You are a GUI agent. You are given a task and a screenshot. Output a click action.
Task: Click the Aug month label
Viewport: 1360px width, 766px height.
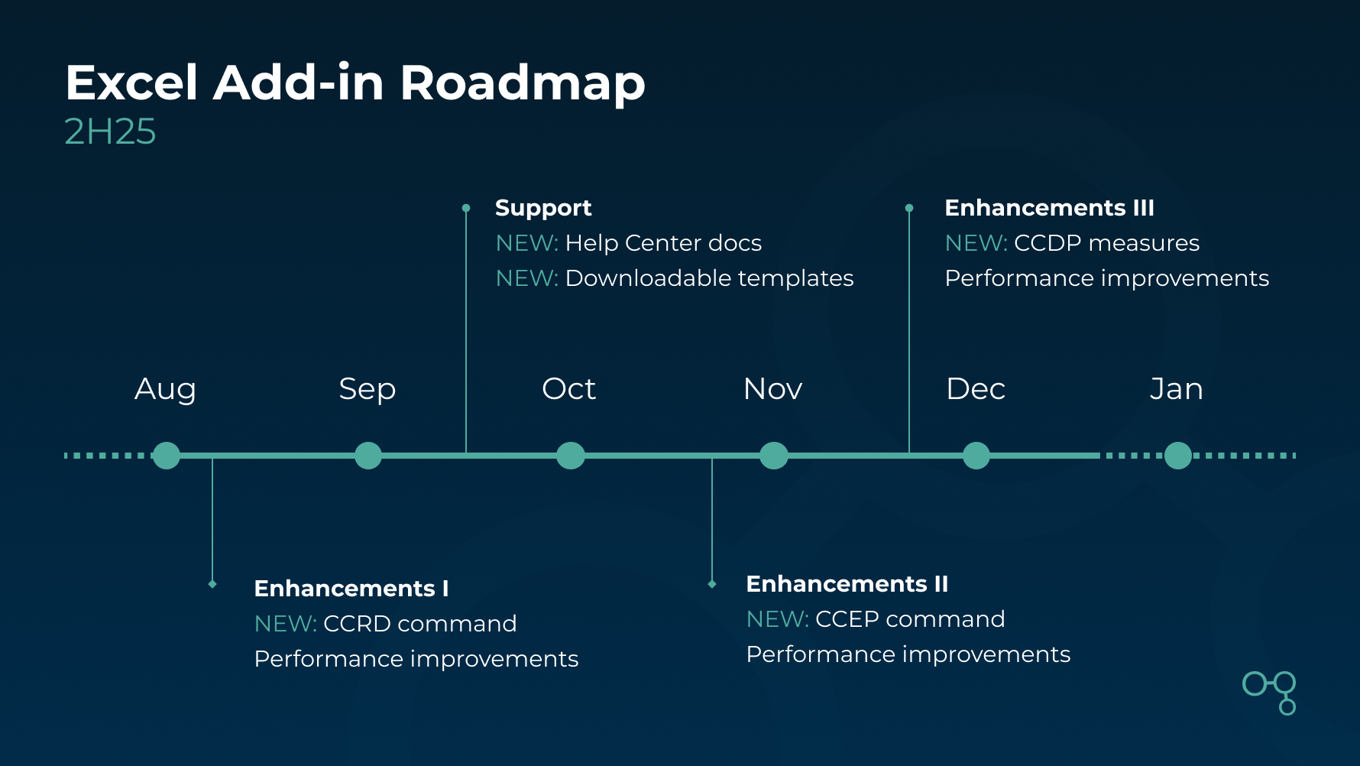[x=165, y=389]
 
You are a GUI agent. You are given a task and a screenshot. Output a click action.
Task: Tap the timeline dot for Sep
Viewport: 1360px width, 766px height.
[x=368, y=456]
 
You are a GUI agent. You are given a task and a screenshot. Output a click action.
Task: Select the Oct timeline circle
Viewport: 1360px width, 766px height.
[x=570, y=456]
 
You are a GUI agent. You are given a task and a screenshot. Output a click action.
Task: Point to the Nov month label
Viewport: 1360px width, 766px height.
[x=772, y=389]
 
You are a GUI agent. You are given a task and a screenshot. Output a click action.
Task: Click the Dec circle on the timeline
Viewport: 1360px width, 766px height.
[x=976, y=456]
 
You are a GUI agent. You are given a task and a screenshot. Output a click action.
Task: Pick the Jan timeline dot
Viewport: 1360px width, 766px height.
[x=1177, y=456]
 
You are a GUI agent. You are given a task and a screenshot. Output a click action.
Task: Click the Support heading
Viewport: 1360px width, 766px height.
[x=543, y=208]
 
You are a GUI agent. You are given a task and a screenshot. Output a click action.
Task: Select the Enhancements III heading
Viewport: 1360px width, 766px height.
[x=1049, y=208]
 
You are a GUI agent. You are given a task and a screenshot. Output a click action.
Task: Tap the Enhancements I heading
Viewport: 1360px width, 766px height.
[x=351, y=589]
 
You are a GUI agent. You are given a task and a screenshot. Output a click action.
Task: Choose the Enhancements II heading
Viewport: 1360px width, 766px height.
[x=847, y=584]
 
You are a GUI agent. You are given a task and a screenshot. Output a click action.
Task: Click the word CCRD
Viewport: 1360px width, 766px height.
[x=357, y=624]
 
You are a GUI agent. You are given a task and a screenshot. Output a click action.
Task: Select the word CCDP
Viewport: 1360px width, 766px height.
[x=1048, y=243]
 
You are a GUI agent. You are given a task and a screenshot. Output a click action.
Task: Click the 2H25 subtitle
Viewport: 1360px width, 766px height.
[x=110, y=131]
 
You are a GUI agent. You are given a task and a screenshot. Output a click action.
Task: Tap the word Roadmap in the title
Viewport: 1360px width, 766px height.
[x=523, y=83]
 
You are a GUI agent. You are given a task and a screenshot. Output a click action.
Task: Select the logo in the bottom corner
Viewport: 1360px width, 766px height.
[x=1270, y=692]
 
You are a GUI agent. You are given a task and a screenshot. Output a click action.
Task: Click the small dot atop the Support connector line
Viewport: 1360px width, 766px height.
[x=466, y=208]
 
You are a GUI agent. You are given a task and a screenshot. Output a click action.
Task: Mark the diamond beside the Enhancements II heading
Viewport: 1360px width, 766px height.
[x=712, y=584]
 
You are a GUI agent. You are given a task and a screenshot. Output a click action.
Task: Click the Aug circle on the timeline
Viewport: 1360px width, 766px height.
[x=166, y=456]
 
